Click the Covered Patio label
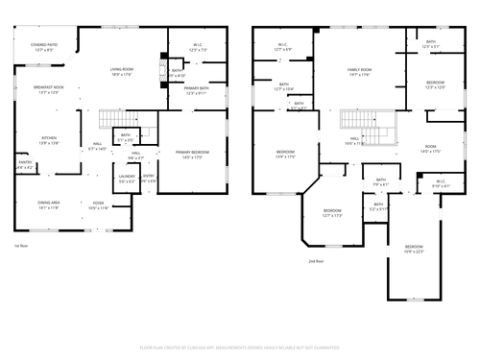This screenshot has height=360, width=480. pyautogui.click(x=44, y=46)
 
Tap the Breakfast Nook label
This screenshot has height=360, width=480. pyautogui.click(x=48, y=89)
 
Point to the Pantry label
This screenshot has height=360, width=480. pyautogui.click(x=25, y=165)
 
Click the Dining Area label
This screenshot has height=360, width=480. pyautogui.click(x=50, y=204)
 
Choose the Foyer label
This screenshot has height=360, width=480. pyautogui.click(x=98, y=204)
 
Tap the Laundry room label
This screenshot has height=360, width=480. pyautogui.click(x=127, y=179)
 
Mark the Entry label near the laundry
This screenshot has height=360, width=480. pyautogui.click(x=149, y=179)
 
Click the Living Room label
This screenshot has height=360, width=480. pyautogui.click(x=122, y=71)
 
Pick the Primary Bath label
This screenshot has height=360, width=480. pyautogui.click(x=197, y=90)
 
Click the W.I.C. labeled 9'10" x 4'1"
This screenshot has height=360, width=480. pyautogui.click(x=440, y=182)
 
